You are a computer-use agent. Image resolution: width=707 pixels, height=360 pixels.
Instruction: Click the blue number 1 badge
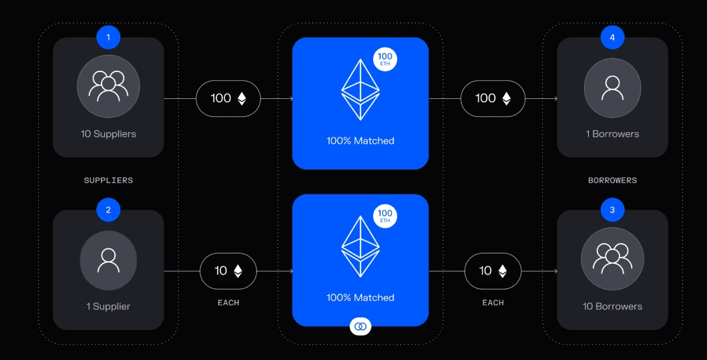point(108,37)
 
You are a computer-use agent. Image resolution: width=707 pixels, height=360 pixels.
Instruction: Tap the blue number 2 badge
point(108,210)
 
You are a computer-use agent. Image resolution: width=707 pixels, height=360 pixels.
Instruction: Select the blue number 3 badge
point(612,210)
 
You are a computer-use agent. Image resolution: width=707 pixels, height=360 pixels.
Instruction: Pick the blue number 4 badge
point(612,37)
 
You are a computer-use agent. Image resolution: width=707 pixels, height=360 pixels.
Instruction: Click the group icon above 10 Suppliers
point(108,86)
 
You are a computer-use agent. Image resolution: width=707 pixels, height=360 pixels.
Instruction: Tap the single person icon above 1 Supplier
point(108,260)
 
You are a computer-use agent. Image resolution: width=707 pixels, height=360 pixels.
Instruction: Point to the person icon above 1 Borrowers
point(612,87)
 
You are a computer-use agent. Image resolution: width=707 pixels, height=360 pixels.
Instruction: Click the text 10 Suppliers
point(108,134)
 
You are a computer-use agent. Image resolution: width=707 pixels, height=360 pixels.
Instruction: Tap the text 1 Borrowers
point(612,134)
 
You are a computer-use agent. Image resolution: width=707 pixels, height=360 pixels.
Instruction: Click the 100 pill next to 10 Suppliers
point(228,98)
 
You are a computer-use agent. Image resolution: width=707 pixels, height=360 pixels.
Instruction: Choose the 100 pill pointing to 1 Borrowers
point(493,98)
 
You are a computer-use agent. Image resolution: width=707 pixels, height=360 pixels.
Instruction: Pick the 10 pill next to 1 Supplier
point(228,271)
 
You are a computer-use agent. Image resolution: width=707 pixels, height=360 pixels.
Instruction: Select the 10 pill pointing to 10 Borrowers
point(493,271)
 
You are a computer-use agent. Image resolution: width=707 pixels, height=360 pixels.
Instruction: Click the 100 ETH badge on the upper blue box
point(385,59)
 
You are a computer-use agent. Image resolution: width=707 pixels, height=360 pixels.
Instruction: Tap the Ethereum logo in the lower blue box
point(361,247)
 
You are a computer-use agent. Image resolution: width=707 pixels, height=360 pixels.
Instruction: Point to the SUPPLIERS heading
point(108,180)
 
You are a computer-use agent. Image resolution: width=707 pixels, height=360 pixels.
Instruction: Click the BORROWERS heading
point(612,180)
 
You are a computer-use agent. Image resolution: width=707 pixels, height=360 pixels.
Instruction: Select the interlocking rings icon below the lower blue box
point(361,326)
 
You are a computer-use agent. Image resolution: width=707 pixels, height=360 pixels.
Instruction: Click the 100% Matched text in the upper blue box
point(361,141)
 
